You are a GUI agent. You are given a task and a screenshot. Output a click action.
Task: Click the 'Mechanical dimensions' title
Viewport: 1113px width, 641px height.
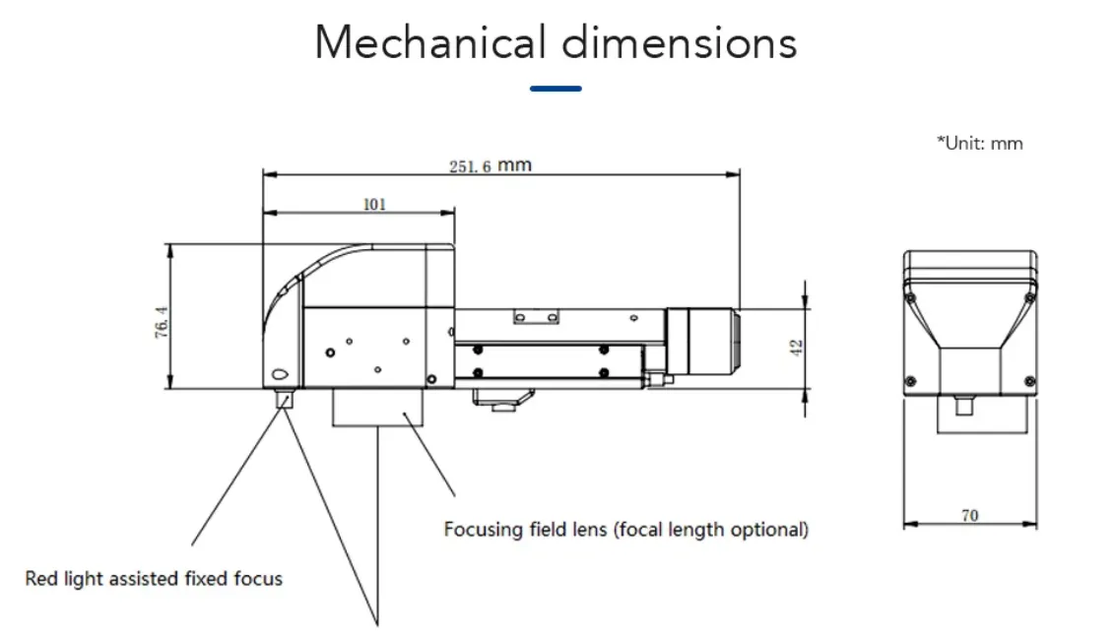[556, 43]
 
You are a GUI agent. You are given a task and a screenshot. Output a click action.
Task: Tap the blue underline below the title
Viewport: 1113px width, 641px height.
[556, 89]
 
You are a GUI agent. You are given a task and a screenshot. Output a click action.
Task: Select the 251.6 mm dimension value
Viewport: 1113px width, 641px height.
[490, 165]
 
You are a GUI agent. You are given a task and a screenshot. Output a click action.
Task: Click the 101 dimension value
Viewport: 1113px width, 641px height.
[374, 205]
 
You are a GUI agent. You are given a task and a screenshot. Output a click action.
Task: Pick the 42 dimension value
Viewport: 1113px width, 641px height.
[797, 347]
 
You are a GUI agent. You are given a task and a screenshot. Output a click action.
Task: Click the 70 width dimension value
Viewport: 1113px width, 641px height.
[969, 515]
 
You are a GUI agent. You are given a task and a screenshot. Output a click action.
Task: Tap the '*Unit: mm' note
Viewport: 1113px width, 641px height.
[979, 144]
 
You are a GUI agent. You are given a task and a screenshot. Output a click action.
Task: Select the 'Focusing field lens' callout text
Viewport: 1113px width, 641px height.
[625, 530]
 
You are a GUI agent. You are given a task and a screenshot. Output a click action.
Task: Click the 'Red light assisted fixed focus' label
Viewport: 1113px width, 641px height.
[154, 578]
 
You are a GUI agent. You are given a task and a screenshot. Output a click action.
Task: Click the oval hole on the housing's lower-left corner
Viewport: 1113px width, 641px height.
[279, 374]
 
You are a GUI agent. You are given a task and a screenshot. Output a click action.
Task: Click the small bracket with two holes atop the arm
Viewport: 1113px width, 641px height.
[537, 315]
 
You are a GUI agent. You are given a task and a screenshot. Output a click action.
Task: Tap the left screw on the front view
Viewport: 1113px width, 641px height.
[911, 380]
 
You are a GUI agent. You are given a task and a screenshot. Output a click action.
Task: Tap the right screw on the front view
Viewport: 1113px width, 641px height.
[1029, 380]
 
